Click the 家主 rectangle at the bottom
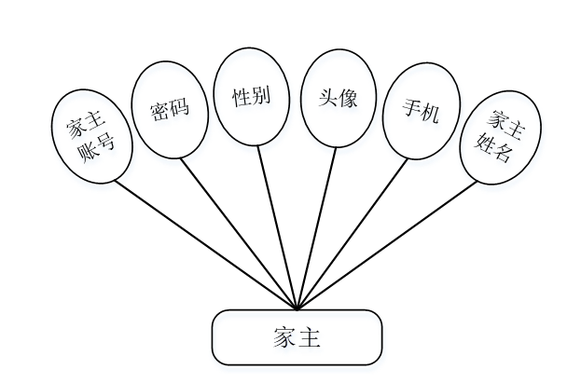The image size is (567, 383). click(297, 336)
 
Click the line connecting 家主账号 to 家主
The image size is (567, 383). click(205, 244)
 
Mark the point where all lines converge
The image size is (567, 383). click(297, 308)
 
